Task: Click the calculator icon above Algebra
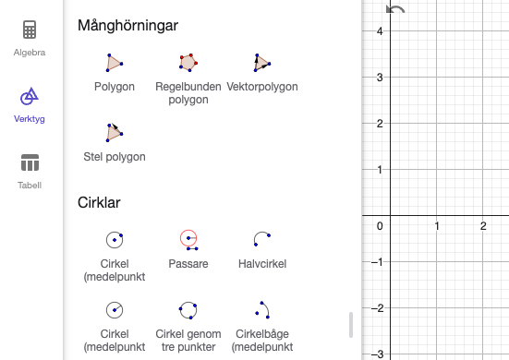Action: click(x=30, y=30)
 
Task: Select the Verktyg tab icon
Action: click(x=30, y=96)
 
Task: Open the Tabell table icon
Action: click(x=30, y=162)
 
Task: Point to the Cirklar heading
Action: click(x=99, y=201)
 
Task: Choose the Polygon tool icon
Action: click(x=115, y=63)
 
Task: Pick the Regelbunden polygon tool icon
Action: click(x=188, y=63)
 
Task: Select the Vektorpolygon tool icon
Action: click(x=261, y=63)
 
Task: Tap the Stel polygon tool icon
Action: click(x=115, y=132)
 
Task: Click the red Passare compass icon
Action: click(x=188, y=240)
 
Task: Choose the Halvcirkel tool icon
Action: click(x=261, y=238)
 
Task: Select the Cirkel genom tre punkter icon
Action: click(x=188, y=308)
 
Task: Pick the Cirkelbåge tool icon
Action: click(x=261, y=308)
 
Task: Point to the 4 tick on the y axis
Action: click(x=380, y=30)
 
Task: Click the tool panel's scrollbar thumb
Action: click(x=350, y=325)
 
